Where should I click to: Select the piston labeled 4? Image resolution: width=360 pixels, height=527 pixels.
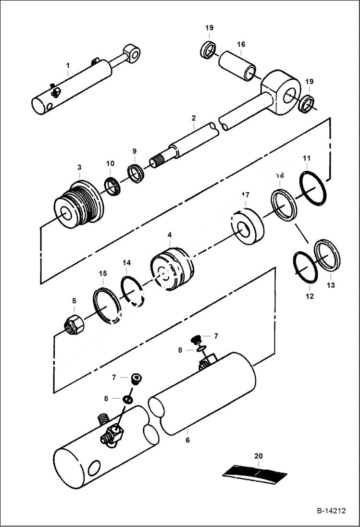point(172,270)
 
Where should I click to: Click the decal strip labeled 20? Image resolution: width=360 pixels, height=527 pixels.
point(255,474)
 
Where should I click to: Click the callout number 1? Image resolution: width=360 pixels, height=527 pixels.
point(68,65)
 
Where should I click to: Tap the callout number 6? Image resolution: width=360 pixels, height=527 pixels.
point(187,440)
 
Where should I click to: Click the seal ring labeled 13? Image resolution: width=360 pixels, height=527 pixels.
point(327,255)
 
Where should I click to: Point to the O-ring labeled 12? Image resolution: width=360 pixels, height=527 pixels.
point(305,267)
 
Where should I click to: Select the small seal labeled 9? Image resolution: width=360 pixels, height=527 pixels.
point(135,173)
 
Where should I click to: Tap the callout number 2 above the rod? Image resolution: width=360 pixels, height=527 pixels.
point(193,118)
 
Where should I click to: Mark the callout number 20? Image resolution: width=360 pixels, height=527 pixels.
point(259,456)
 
